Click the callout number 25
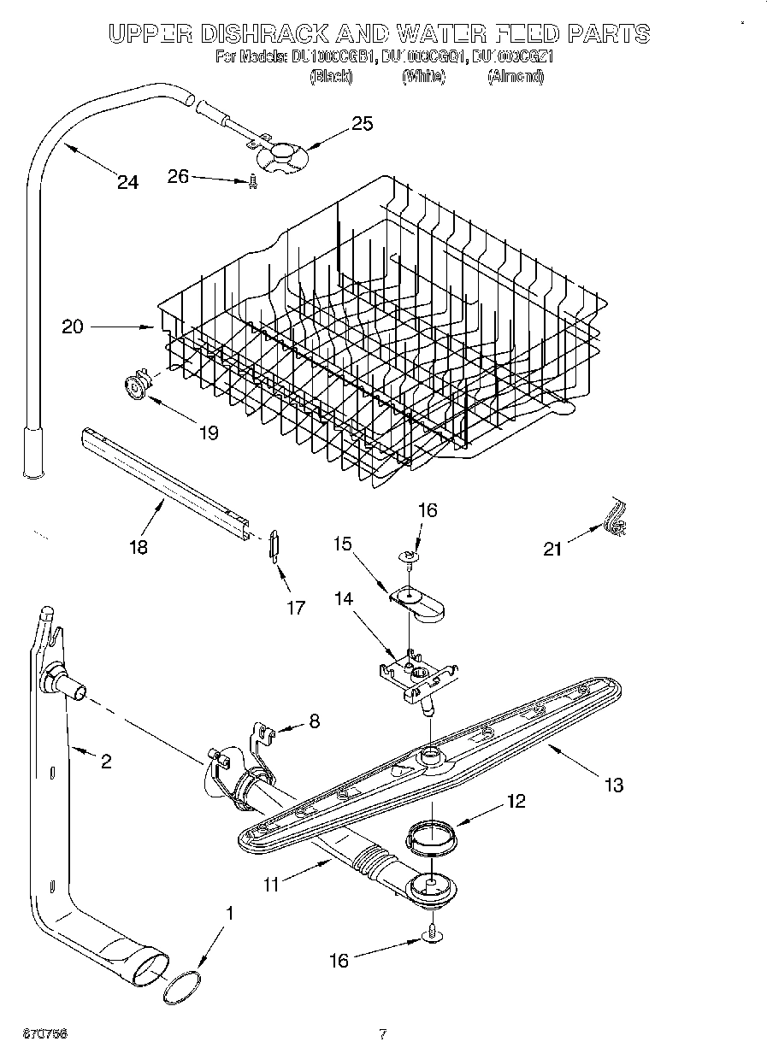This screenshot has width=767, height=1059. (363, 124)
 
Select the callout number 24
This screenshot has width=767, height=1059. (127, 182)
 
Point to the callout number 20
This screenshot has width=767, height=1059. (73, 327)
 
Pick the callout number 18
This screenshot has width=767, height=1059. (138, 547)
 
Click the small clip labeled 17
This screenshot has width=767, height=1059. (273, 544)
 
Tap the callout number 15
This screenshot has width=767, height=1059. (343, 544)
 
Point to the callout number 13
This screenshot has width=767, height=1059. (613, 785)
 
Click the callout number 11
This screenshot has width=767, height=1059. (271, 885)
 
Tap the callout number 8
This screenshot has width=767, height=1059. (314, 721)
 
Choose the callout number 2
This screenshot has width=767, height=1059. (106, 761)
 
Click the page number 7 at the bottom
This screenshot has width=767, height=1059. (383, 1034)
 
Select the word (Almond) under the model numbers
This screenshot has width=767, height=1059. (515, 77)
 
